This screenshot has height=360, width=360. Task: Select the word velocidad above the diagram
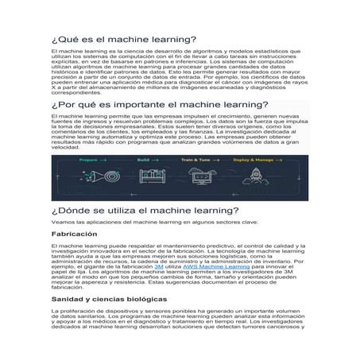[x=66, y=147]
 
